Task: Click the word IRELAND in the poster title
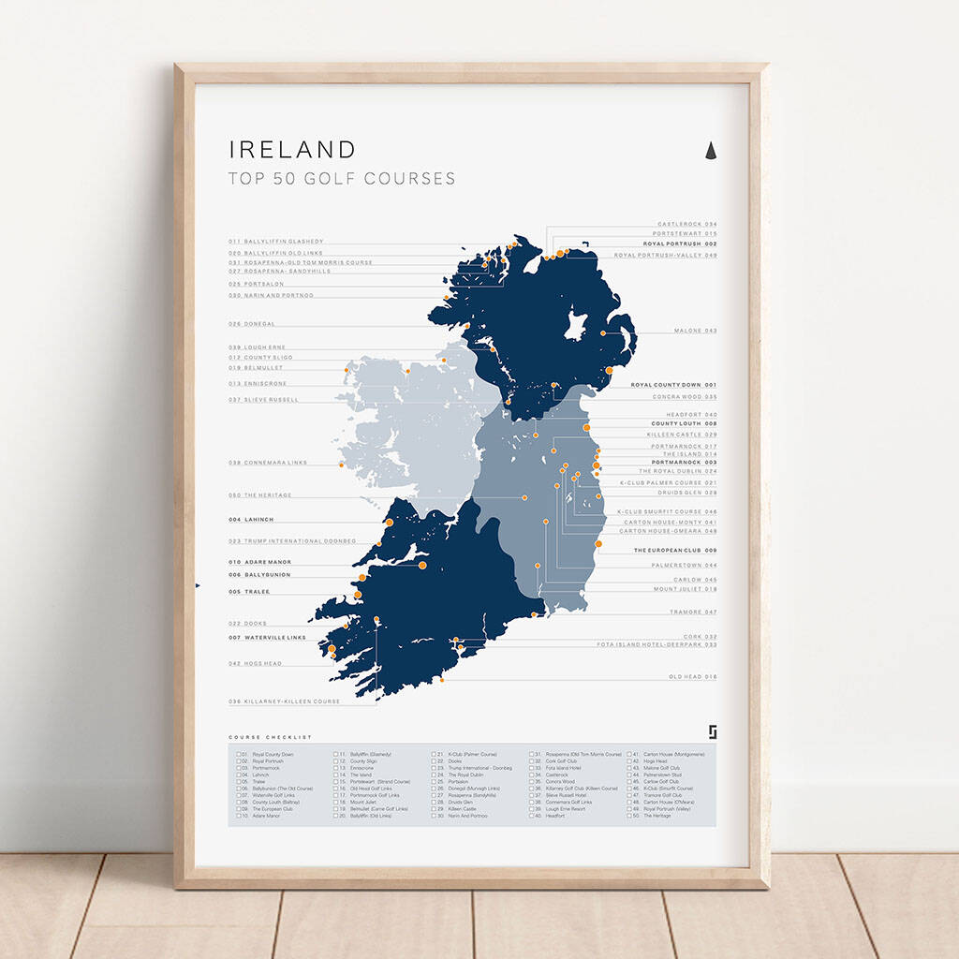(x=292, y=150)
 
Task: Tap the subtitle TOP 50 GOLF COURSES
(x=342, y=178)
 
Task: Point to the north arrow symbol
(x=710, y=150)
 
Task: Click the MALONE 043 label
(x=695, y=331)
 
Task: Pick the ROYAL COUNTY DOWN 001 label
(x=673, y=385)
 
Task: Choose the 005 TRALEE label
(x=249, y=592)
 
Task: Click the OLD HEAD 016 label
(x=692, y=676)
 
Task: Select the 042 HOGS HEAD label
(x=255, y=663)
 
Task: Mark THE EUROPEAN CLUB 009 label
(x=674, y=551)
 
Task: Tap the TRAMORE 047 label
(x=692, y=612)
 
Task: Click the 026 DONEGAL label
(x=252, y=324)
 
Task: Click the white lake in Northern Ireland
(x=575, y=327)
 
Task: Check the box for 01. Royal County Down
(x=240, y=754)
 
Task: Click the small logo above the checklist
(x=712, y=730)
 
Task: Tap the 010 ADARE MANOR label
(x=260, y=562)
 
